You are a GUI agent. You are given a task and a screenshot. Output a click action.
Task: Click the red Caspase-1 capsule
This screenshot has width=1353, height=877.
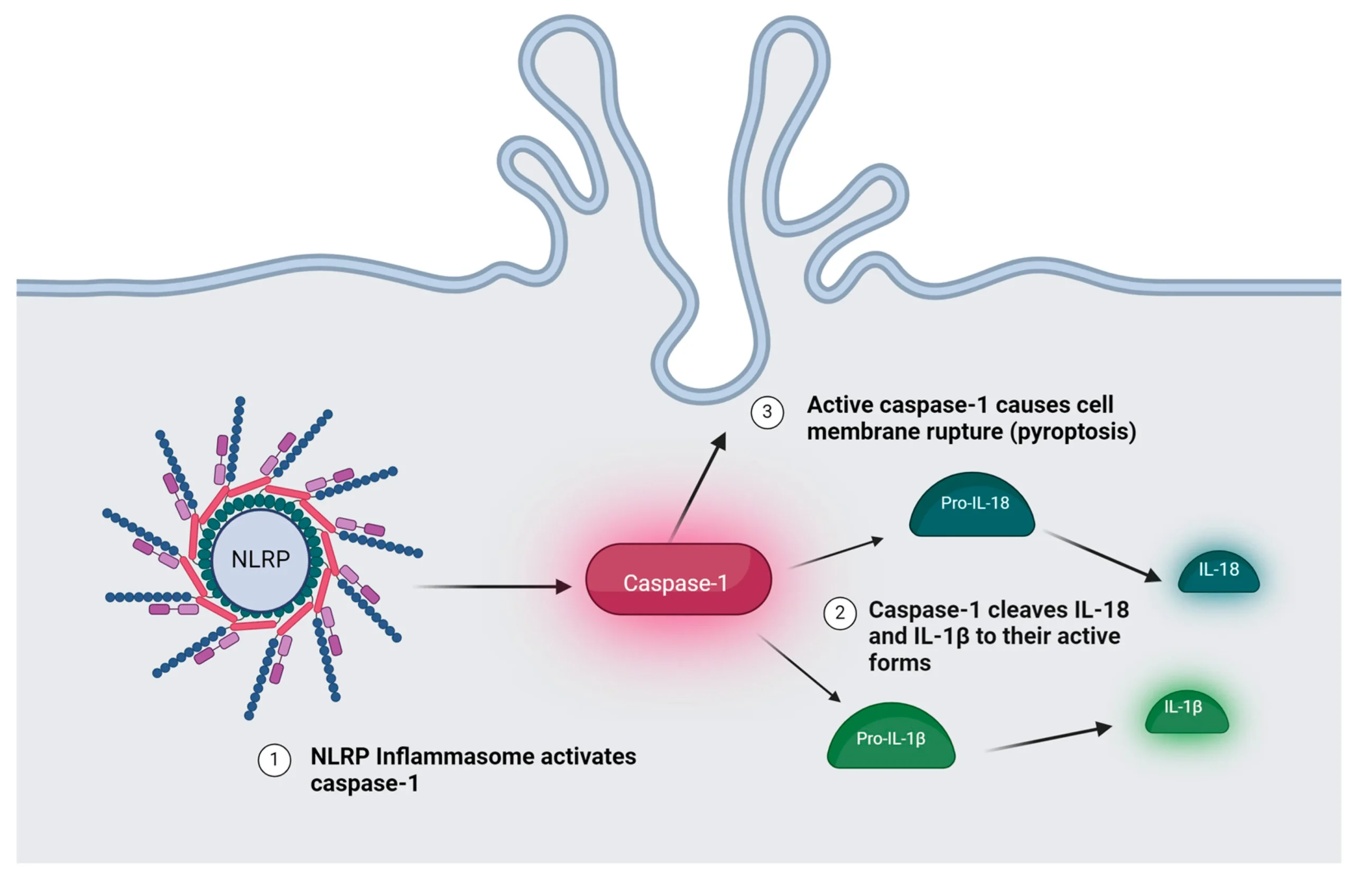(678, 579)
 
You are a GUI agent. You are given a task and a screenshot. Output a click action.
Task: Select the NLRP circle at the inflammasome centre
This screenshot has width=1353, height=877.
(261, 560)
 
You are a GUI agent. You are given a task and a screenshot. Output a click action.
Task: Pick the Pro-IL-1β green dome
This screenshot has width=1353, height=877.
(891, 737)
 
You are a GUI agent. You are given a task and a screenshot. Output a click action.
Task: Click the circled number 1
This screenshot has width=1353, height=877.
(274, 760)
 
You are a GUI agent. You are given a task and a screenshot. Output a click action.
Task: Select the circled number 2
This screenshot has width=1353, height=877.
(840, 613)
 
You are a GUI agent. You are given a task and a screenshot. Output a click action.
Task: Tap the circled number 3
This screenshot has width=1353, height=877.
(767, 412)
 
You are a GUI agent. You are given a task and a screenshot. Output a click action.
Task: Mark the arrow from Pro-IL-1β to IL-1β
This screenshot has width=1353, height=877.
(1049, 739)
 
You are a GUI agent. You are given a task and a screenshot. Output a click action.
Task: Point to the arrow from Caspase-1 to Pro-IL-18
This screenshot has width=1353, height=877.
(836, 553)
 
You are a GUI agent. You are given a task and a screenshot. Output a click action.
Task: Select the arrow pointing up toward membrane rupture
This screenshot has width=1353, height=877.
(698, 487)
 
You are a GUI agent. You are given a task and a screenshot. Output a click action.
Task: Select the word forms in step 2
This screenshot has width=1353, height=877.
(900, 663)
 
